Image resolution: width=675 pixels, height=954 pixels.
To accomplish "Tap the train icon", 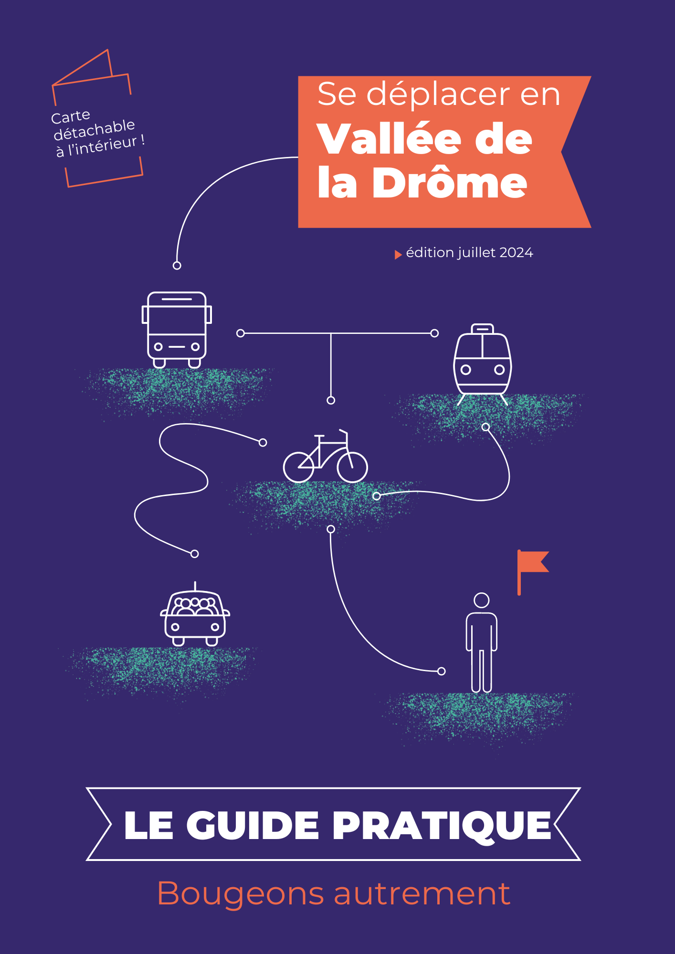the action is point(482,365).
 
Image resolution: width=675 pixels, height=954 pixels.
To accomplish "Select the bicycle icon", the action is point(326,456).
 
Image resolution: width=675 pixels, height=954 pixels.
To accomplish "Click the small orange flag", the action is point(533,571).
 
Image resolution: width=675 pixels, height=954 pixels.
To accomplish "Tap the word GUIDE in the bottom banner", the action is point(253,825).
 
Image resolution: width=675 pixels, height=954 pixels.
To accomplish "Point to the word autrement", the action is point(422,894).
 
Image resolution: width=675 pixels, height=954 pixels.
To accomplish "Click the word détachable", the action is point(95,130).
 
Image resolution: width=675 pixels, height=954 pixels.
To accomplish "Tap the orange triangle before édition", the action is point(398,255).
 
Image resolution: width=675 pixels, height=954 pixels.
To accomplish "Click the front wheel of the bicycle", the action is point(352,467).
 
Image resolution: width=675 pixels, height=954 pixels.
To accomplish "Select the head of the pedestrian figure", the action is point(482,600).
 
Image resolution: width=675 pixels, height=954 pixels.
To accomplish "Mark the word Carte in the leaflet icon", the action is point(71,116).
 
